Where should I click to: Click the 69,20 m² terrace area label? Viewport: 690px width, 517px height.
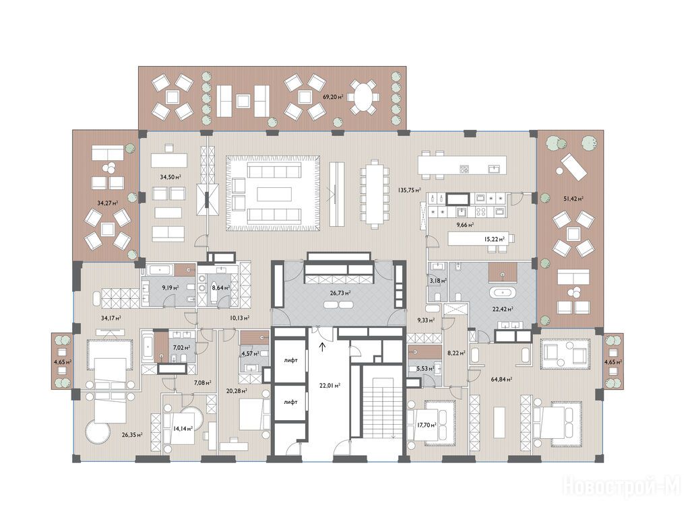pos(333,97)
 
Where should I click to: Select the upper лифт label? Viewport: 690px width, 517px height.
pos(291,360)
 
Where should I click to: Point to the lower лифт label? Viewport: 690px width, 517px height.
pos(291,402)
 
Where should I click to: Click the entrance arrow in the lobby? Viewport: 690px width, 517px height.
pos(323,347)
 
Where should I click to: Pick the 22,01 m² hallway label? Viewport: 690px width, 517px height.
pos(330,386)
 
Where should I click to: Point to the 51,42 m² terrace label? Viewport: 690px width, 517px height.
pos(573,199)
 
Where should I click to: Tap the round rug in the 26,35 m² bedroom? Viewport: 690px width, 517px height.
pos(98,432)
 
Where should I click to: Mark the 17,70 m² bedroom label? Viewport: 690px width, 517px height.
pos(427,425)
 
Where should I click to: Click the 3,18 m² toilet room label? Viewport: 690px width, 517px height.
pos(438,280)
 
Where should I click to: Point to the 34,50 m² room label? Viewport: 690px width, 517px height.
pos(170,177)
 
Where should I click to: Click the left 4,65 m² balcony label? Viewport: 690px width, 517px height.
pos(63,361)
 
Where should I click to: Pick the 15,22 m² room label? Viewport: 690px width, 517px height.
pos(494,239)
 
